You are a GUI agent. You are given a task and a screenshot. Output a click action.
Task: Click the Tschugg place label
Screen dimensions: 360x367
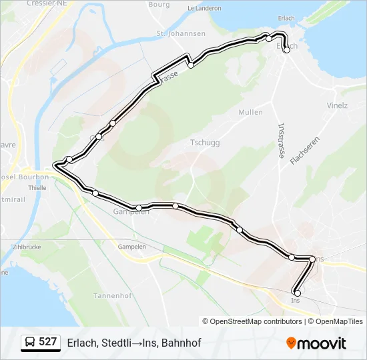point(206,143)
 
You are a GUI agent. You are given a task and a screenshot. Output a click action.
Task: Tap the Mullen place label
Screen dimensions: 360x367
point(250,112)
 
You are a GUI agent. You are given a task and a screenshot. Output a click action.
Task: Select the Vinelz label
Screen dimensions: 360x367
point(338,105)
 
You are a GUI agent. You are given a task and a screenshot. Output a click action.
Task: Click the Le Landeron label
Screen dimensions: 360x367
point(204,9)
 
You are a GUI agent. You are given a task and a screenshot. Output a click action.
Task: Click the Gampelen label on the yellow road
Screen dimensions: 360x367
point(132,246)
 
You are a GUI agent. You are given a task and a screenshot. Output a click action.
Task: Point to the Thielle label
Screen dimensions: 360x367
point(37,188)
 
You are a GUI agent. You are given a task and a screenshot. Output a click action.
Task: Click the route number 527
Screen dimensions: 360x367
point(47,342)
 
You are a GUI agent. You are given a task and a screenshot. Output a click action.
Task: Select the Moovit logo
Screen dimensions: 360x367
point(316,343)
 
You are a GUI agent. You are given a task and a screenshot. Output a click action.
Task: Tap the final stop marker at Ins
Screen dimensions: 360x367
point(297,293)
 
